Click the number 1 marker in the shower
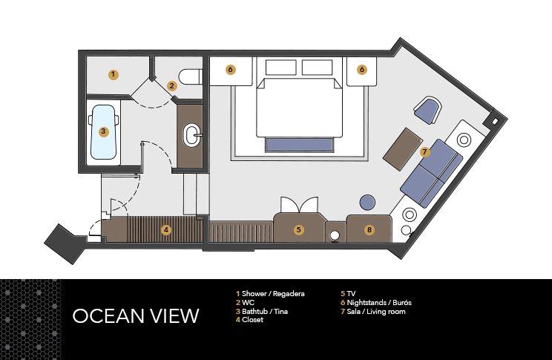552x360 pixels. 112,74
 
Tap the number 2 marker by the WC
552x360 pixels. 171,86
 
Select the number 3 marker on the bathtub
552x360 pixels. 104,132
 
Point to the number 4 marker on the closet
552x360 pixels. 166,230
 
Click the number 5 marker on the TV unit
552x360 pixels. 299,230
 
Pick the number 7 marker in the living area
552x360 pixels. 424,151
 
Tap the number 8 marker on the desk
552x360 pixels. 369,230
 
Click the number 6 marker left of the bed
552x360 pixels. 231,70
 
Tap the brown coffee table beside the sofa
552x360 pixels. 403,146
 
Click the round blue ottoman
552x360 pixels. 368,202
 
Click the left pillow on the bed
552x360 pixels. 279,68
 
